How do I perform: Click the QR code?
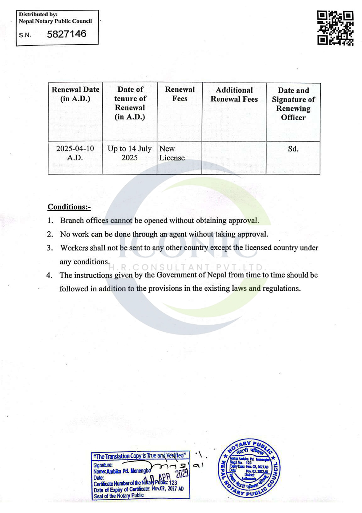pyautogui.click(x=335, y=28)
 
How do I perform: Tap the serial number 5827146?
pyautogui.click(x=66, y=34)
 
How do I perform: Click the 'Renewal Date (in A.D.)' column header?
pyautogui.click(x=75, y=94)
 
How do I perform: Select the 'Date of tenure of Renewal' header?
pyautogui.click(x=130, y=103)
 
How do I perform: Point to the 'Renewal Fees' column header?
pyautogui.click(x=180, y=94)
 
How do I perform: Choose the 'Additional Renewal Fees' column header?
pyautogui.click(x=234, y=95)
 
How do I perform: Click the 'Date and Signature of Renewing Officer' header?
pyautogui.click(x=293, y=104)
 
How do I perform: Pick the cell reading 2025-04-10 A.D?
pyautogui.click(x=75, y=153)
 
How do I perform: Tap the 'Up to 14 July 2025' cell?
pyautogui.click(x=129, y=153)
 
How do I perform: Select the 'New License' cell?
pyautogui.click(x=172, y=153)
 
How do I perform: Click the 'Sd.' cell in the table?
pyautogui.click(x=293, y=149)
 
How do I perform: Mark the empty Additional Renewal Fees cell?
pyautogui.click(x=234, y=158)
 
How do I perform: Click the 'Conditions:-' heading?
pyautogui.click(x=69, y=207)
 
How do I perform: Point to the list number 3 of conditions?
pyautogui.click(x=50, y=248)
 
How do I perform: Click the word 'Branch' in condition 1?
pyautogui.click(x=72, y=221)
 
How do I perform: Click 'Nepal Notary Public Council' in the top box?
pyautogui.click(x=55, y=21)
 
